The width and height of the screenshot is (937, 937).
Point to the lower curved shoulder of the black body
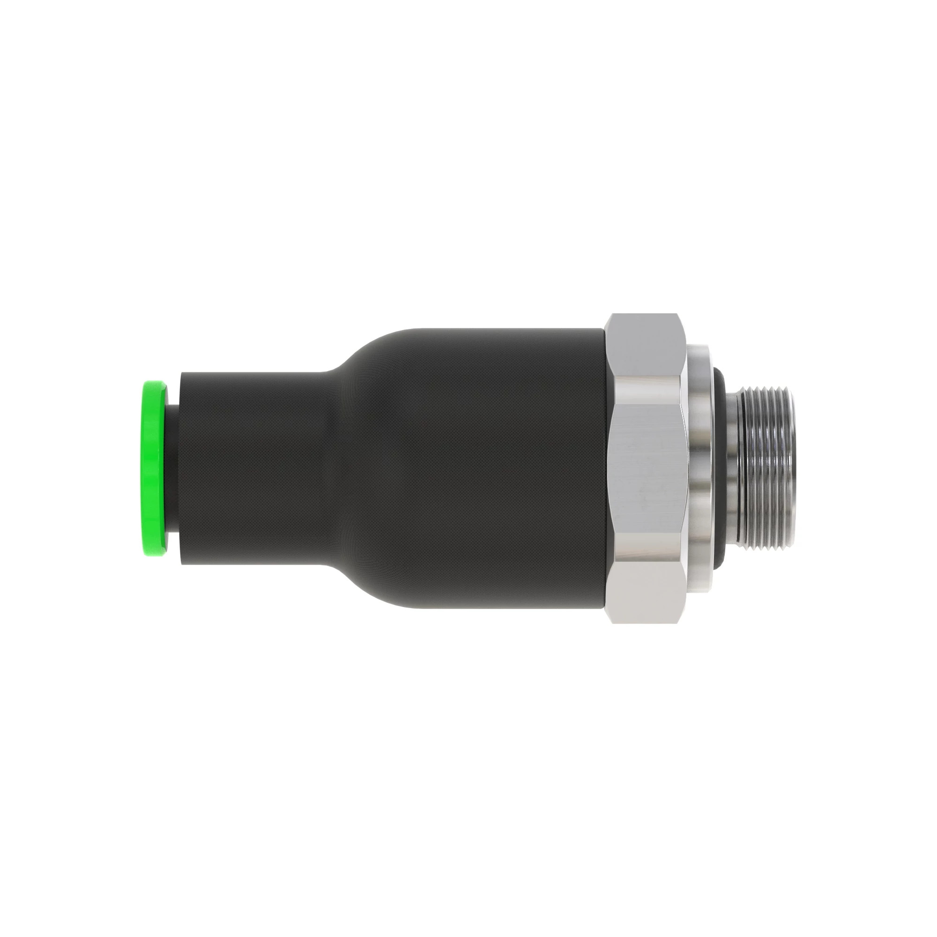[x=369, y=589]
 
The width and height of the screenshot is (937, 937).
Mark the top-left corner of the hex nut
[x=612, y=315]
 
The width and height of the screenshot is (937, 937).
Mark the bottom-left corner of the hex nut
[x=612, y=622]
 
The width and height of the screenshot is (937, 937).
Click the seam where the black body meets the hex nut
[x=605, y=468]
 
